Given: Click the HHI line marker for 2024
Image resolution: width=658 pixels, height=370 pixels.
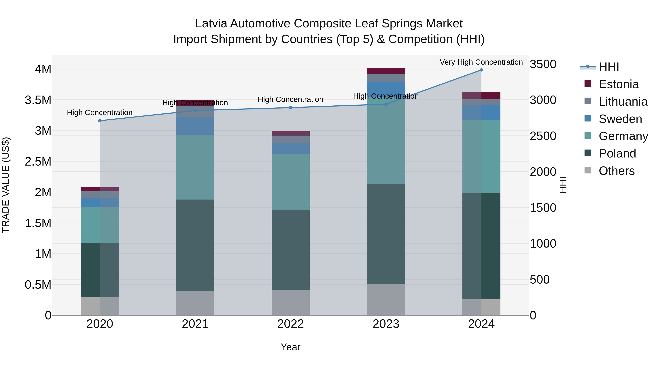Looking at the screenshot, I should (481, 70).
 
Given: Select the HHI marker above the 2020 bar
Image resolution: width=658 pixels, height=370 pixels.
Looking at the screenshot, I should (100, 121).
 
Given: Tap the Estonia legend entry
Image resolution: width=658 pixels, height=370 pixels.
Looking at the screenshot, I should (618, 84).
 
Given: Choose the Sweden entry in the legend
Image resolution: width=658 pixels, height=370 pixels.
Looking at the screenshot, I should (620, 119).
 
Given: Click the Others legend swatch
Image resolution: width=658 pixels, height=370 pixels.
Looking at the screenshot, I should (588, 170).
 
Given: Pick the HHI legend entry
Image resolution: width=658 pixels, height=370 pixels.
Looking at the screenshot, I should (609, 67).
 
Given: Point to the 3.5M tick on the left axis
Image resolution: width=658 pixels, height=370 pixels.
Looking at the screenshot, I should (38, 100).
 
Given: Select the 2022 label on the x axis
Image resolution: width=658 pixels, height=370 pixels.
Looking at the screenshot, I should (290, 324).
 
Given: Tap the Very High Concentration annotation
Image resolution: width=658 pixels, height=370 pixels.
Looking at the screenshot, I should (481, 62).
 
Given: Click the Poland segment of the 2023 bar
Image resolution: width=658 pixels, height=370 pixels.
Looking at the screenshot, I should (386, 234).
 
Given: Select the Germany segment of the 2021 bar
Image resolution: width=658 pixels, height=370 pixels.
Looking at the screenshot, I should (195, 167).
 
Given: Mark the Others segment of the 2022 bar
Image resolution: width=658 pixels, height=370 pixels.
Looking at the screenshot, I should (290, 303).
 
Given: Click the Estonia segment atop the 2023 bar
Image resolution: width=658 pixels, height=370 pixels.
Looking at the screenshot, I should (386, 71).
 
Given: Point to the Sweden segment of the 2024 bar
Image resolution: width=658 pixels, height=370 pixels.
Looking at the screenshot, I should (481, 112).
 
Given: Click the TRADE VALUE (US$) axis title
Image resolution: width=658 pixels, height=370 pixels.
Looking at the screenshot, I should (6, 185).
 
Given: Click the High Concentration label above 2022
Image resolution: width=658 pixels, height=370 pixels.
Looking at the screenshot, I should (290, 99).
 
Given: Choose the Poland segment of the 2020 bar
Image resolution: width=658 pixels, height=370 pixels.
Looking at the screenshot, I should (100, 270).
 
